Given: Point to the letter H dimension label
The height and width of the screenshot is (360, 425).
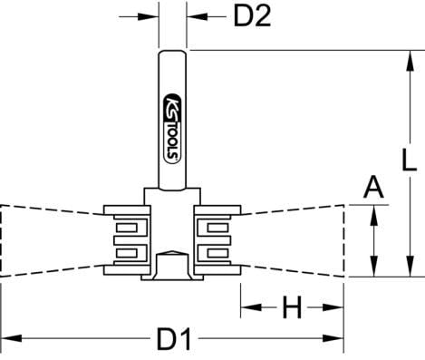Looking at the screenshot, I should coord(292,309).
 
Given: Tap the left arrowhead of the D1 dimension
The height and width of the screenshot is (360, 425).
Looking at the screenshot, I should coord(7,342).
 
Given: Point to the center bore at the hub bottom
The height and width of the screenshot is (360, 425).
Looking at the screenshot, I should coord(171,266).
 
